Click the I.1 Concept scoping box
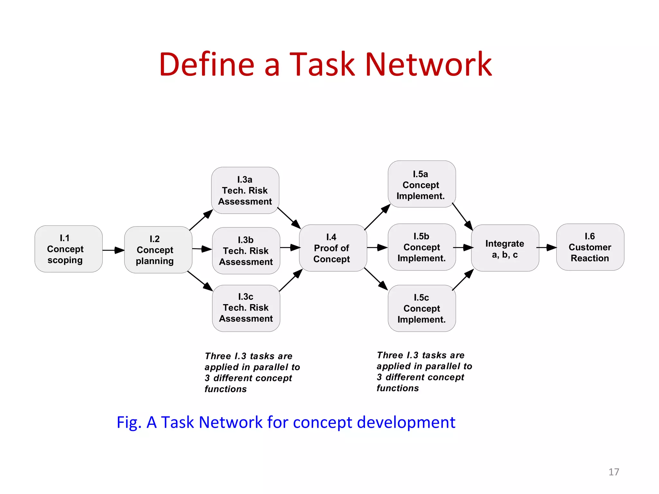point(69,249)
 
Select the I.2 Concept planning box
point(158,250)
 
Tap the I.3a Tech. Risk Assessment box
point(245,190)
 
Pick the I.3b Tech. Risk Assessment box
point(246,251)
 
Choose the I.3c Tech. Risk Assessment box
point(246,308)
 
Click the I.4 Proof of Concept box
point(333,248)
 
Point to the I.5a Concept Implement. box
point(422,184)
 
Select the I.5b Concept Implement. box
point(422,247)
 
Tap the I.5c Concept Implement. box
point(422,308)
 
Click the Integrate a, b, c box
point(505,248)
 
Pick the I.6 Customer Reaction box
point(590,247)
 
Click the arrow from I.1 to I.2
point(113,250)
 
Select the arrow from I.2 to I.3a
point(201,220)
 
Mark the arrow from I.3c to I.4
point(291,280)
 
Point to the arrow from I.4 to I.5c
point(376,279)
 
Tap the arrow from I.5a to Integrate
point(462,216)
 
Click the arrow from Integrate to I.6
point(547,247)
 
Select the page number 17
point(614,472)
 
